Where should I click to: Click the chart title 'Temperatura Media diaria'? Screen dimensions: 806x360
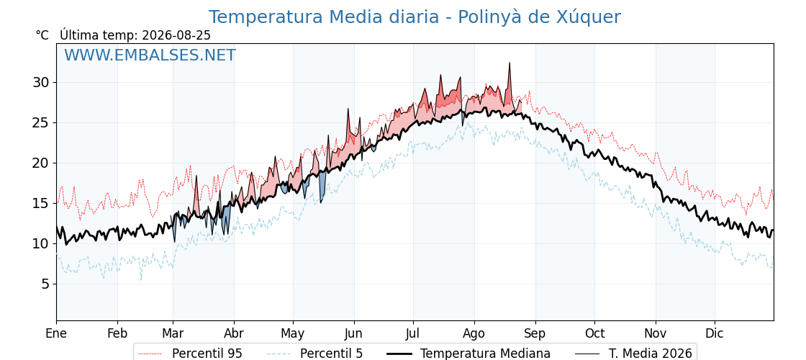(324, 17)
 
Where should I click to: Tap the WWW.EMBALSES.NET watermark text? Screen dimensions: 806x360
(150, 55)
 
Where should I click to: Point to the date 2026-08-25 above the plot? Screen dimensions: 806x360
(176, 35)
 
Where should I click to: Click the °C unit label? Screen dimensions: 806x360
(42, 35)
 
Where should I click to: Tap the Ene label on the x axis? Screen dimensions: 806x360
(57, 333)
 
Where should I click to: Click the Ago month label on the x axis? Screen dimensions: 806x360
(474, 334)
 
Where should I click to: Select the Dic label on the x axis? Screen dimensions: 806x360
(715, 333)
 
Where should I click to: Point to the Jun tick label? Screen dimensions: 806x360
(353, 333)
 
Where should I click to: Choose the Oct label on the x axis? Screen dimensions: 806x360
(594, 333)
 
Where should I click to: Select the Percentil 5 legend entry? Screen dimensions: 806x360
(315, 354)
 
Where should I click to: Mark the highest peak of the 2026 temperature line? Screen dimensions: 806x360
(510, 63)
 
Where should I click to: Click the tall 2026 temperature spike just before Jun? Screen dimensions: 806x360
(348, 109)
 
